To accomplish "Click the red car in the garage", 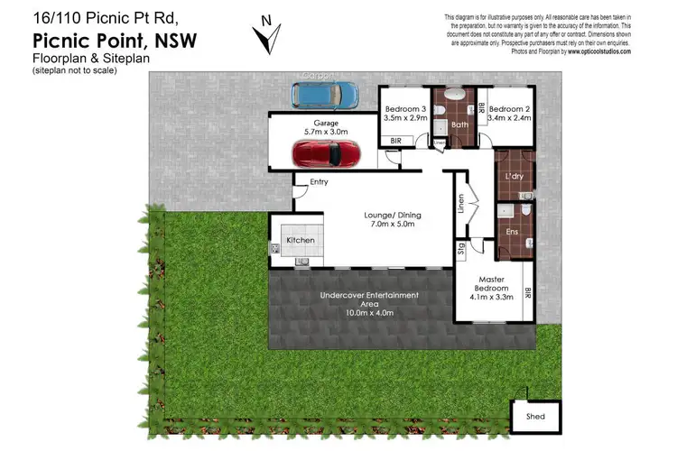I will tap(327, 153).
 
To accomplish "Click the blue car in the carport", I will tap(323, 93).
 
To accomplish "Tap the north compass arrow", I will tap(265, 36).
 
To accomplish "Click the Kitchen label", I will tap(301, 241).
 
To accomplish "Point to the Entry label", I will tap(319, 182).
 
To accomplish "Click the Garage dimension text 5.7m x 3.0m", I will tap(326, 131).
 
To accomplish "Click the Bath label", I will tap(459, 125).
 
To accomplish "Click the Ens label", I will tap(514, 231).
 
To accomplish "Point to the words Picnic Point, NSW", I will tap(115, 40).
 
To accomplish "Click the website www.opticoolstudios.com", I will tap(598, 52).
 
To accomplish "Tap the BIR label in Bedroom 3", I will tap(394, 142).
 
